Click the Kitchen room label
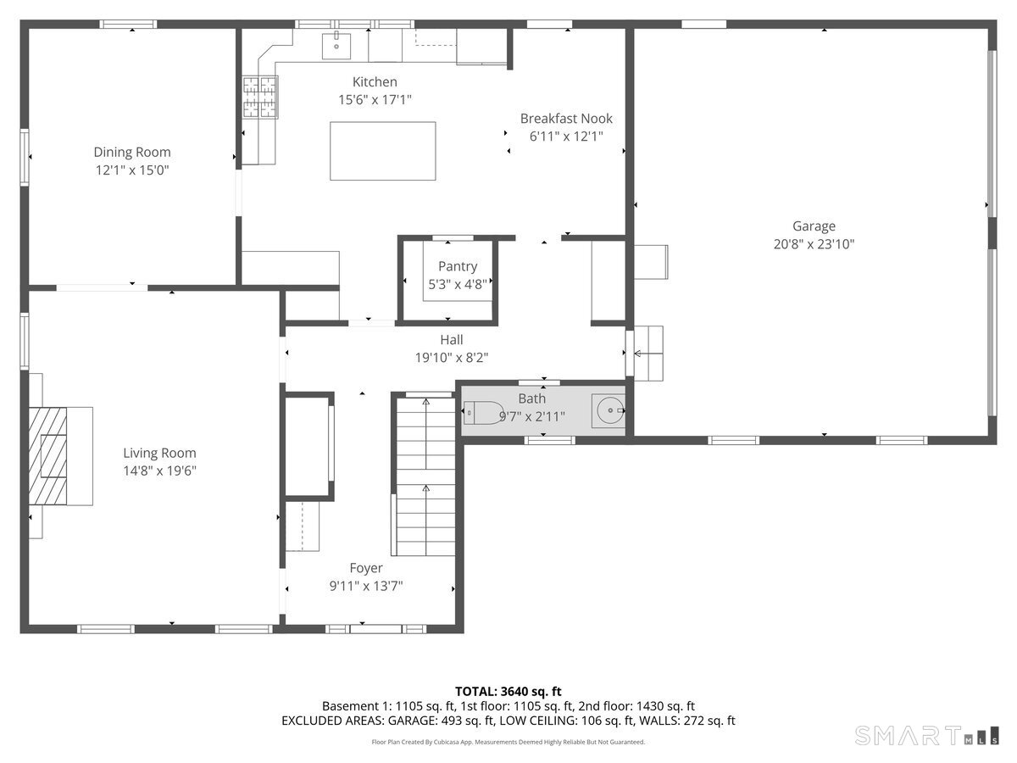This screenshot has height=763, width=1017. click(x=375, y=82)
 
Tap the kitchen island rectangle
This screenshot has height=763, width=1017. click(x=383, y=151)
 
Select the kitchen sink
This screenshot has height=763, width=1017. click(x=336, y=46)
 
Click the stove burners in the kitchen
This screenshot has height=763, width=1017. click(x=259, y=97)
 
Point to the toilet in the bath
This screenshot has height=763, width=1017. click(x=484, y=412)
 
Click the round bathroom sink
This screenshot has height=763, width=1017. click(x=609, y=410)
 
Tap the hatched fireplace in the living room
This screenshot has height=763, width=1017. click(x=47, y=456)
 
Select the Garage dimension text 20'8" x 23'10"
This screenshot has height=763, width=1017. click(x=814, y=244)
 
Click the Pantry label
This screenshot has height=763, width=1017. click(x=458, y=266)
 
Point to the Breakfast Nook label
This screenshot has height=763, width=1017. click(x=566, y=119)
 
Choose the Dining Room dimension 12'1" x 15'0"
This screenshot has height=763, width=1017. click(x=132, y=170)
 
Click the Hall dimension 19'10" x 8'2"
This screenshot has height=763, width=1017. click(x=451, y=358)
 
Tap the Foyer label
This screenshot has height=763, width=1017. click(x=366, y=568)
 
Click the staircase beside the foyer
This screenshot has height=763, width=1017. click(x=425, y=476)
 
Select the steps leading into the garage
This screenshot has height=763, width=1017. click(x=647, y=354)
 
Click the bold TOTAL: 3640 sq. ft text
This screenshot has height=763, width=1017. click(x=508, y=691)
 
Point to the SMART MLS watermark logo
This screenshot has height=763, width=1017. click(x=926, y=736)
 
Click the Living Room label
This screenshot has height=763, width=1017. click(x=159, y=453)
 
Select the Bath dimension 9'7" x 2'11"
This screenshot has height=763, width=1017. click(x=532, y=417)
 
